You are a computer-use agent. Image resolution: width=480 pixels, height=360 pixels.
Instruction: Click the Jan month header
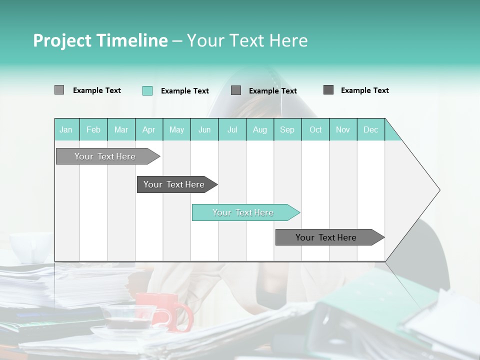[x=66, y=129]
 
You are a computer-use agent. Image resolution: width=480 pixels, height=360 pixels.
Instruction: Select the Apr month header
[x=148, y=129]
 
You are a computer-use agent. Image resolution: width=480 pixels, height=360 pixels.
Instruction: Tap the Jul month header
[x=232, y=129]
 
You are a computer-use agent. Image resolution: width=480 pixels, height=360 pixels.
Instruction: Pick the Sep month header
[x=287, y=129]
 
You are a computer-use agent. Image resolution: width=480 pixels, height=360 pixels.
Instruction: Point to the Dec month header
[x=370, y=129]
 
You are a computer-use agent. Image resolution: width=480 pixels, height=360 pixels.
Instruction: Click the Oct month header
[x=315, y=129]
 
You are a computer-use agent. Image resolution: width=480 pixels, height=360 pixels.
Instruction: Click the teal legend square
[x=147, y=90]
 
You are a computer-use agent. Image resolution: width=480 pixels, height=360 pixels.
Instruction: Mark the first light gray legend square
[x=59, y=90]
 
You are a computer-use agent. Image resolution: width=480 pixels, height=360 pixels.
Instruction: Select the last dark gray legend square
[x=328, y=90]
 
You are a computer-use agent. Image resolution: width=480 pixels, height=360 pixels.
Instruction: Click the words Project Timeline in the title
[x=100, y=40]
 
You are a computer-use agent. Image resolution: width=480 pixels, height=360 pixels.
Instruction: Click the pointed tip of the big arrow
[x=438, y=190]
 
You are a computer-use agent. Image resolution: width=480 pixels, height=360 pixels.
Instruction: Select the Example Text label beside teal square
[x=184, y=91]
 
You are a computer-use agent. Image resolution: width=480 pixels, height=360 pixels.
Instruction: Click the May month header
[x=176, y=129]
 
